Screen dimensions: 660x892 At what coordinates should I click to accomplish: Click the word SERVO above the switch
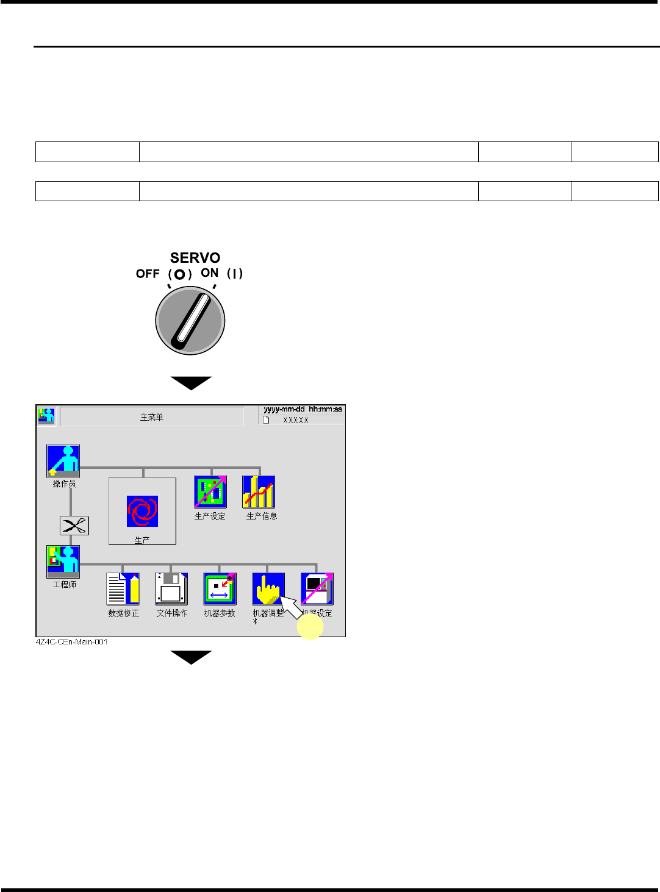[x=195, y=258]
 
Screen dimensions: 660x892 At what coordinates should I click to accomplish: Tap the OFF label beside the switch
[x=148, y=274]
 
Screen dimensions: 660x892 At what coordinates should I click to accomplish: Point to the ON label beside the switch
[x=209, y=273]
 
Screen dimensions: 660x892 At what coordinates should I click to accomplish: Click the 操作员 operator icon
[x=63, y=461]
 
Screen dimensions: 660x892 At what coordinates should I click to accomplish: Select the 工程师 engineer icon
[x=63, y=562]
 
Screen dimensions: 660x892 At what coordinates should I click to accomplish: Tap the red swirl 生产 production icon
[x=142, y=511]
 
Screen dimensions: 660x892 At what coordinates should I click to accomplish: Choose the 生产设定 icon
[x=210, y=492]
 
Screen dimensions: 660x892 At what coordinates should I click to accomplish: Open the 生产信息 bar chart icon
[x=259, y=492]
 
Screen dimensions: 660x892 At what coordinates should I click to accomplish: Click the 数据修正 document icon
[x=123, y=588]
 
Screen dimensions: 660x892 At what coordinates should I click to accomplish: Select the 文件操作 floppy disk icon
[x=171, y=588]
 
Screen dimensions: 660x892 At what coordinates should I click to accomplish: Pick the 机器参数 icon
[x=220, y=588]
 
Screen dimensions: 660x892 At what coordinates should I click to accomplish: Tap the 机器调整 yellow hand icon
[x=268, y=588]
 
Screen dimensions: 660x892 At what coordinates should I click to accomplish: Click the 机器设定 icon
[x=317, y=588]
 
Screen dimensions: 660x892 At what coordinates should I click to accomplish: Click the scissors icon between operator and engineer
[x=74, y=526]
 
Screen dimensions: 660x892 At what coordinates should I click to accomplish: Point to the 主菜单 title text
[x=152, y=418]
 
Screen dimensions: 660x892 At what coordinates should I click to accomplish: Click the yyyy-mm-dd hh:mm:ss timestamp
[x=303, y=409]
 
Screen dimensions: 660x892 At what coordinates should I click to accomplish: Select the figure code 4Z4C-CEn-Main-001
[x=71, y=642]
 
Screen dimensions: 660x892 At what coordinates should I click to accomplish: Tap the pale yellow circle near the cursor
[x=310, y=626]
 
